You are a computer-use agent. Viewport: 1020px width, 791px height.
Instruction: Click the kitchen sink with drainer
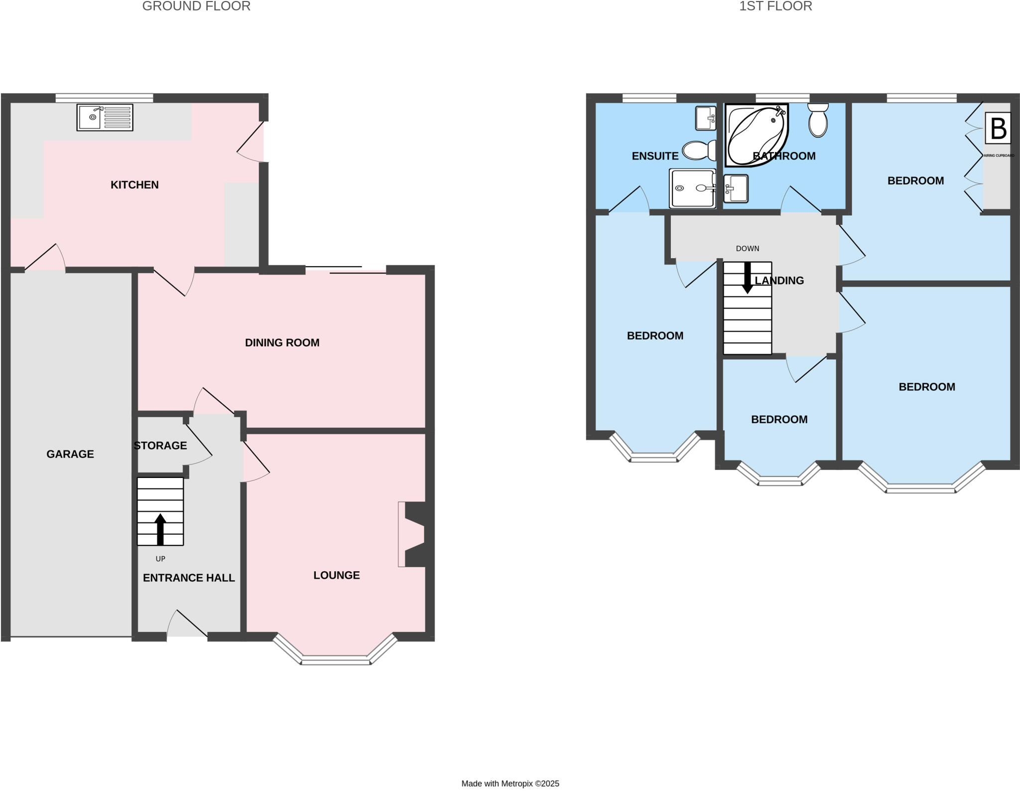(105, 118)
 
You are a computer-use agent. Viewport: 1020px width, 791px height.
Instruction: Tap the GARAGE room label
(70, 454)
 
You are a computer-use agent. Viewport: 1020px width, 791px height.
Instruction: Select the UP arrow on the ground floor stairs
(160, 529)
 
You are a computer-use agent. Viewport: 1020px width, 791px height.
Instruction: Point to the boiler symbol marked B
(998, 129)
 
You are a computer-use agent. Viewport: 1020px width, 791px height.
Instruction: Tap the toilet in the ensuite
(698, 150)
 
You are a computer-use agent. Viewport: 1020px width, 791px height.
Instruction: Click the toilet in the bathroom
(818, 120)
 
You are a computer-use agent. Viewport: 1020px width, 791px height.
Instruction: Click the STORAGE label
(160, 446)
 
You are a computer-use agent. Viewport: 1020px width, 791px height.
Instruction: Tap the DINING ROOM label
(282, 343)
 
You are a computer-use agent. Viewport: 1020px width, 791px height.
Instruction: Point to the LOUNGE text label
(337, 575)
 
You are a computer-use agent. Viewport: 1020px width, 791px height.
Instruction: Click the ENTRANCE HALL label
(189, 578)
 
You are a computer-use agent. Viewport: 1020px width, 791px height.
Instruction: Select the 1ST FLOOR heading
(775, 6)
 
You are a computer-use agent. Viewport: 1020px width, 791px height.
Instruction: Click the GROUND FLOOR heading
(196, 6)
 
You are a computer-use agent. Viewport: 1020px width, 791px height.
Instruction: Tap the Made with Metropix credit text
(510, 784)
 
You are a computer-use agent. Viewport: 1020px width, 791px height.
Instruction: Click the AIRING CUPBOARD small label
(999, 156)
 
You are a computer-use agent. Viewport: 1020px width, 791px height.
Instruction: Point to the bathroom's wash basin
(736, 188)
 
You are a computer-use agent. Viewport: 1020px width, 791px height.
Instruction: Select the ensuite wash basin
(706, 118)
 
